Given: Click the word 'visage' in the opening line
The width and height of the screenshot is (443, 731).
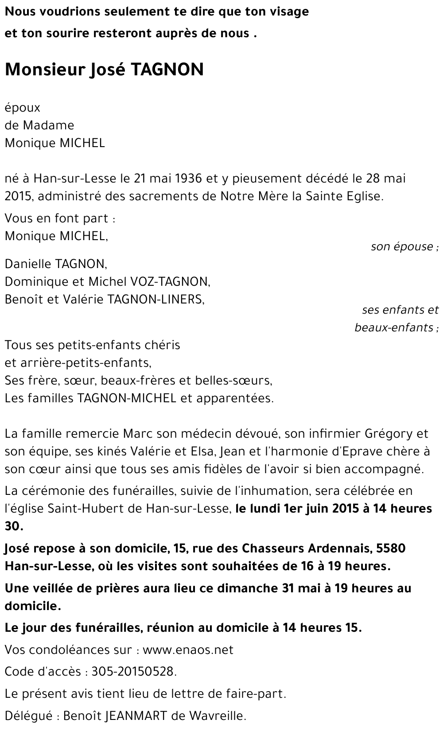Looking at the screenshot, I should pyautogui.click(x=288, y=12).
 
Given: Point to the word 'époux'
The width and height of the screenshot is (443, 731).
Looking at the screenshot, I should pyautogui.click(x=23, y=108).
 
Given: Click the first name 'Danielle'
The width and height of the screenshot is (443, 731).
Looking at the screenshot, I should pyautogui.click(x=27, y=264).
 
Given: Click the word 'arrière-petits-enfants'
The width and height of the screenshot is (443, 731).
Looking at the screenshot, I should pyautogui.click(x=85, y=363).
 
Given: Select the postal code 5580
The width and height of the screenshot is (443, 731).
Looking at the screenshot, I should pyautogui.click(x=390, y=548).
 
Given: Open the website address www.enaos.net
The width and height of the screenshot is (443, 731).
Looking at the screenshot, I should pyautogui.click(x=188, y=650).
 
